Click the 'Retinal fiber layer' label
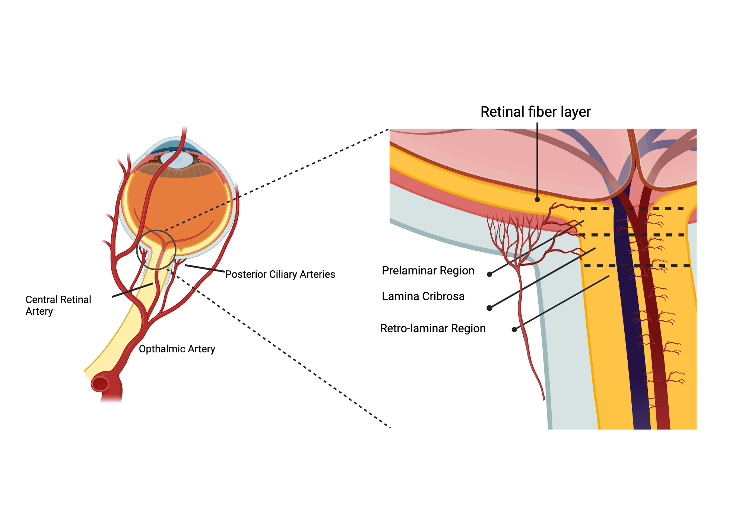535,112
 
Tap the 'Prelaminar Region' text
428,271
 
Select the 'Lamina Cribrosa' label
423,296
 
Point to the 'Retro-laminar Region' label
433,328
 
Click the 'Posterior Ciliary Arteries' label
280,274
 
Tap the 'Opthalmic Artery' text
177,349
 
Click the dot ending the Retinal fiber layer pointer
537,199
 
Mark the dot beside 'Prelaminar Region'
489,274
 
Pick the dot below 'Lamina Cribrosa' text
489,308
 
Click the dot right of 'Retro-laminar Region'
514,329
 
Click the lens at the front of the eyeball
179,160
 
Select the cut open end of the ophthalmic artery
100,384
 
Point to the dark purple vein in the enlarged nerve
633,336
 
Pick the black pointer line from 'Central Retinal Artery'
132,290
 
